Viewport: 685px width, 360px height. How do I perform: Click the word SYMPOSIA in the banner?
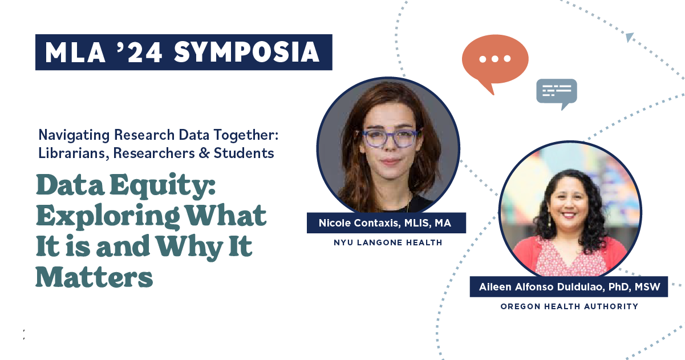[x=246, y=52]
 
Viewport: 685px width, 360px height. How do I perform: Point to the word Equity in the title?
[x=163, y=187]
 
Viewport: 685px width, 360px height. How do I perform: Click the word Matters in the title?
[x=94, y=277]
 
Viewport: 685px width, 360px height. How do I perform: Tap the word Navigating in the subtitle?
[x=74, y=135]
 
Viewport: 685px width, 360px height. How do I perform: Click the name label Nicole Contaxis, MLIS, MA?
[x=386, y=223]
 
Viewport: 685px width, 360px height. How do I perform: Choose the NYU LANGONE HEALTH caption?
[x=388, y=242]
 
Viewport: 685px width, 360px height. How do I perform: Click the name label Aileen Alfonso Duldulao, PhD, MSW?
[x=569, y=287]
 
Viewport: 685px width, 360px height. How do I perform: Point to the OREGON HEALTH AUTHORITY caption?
[x=569, y=306]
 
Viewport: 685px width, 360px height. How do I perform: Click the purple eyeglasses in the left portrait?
[x=390, y=139]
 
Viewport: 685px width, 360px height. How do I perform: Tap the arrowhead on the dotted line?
[x=630, y=37]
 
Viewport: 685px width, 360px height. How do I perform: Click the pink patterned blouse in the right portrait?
[x=568, y=258]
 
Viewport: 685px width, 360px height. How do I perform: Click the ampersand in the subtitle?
[x=204, y=153]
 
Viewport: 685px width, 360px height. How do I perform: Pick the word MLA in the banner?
[x=75, y=52]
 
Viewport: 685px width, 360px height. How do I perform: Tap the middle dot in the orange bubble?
[x=495, y=59]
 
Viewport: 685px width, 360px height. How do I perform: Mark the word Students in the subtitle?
[x=244, y=153]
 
